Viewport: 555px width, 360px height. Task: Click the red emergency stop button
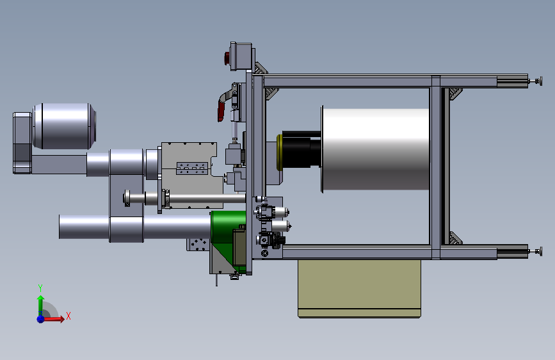click(x=227, y=58)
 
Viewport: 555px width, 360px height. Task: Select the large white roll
click(x=376, y=149)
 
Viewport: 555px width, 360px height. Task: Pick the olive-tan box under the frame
click(x=359, y=288)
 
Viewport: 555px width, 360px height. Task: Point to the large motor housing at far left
click(x=65, y=126)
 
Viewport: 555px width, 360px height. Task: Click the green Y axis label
click(x=40, y=288)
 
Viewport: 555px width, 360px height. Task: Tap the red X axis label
click(x=68, y=316)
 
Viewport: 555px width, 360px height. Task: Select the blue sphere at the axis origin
click(x=41, y=319)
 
